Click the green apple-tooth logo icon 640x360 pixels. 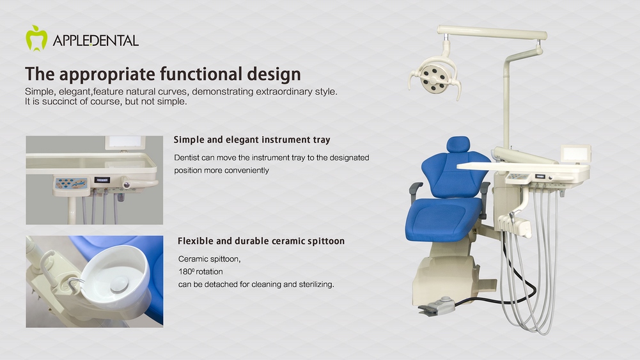pyautogui.click(x=36, y=38)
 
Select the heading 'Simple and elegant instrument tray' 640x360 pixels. pyautogui.click(x=252, y=139)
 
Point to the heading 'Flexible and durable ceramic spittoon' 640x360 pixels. pyautogui.click(x=261, y=241)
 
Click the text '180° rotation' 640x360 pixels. pyautogui.click(x=200, y=271)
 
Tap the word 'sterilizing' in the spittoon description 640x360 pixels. pyautogui.click(x=315, y=284)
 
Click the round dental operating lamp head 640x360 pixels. pyautogui.click(x=435, y=75)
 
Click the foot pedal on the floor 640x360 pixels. pyautogui.click(x=437, y=306)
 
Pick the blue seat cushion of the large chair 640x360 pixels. pyautogui.click(x=443, y=219)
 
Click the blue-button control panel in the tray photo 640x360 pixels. pyautogui.click(x=71, y=184)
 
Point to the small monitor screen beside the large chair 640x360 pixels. pyautogui.click(x=575, y=154)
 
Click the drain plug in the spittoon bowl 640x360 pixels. pyautogui.click(x=119, y=283)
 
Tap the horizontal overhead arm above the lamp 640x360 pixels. pyautogui.click(x=492, y=32)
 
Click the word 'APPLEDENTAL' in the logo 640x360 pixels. pyautogui.click(x=95, y=40)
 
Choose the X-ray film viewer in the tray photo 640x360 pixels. pyautogui.click(x=125, y=143)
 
